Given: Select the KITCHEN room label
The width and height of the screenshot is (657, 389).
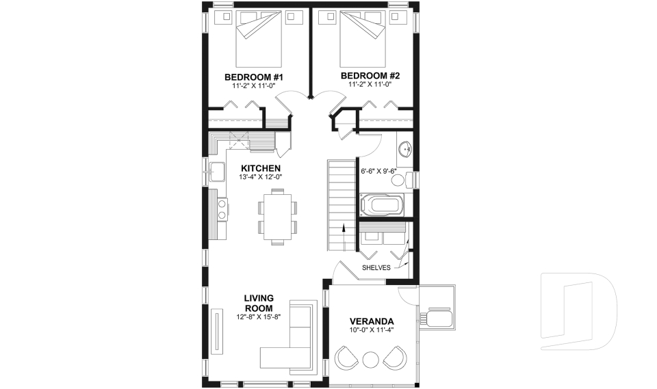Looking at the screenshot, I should [x=260, y=168].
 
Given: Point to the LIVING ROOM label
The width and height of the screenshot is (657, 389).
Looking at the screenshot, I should [x=259, y=303].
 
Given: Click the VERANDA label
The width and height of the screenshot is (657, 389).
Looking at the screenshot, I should [x=371, y=321].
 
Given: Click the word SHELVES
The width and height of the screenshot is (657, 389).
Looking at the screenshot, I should [x=376, y=268].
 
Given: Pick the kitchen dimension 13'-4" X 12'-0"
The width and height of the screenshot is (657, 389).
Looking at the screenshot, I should [x=260, y=177].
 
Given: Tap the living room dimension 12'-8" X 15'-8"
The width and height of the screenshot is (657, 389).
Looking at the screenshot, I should [x=259, y=317].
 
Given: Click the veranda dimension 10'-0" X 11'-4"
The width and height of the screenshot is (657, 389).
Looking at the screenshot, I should [x=371, y=331].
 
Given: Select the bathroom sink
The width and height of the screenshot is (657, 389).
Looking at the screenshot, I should [x=404, y=148].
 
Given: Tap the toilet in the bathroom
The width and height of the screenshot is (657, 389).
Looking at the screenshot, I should [x=410, y=180].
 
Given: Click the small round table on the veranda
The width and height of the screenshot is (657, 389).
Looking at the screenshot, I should [x=371, y=359].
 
